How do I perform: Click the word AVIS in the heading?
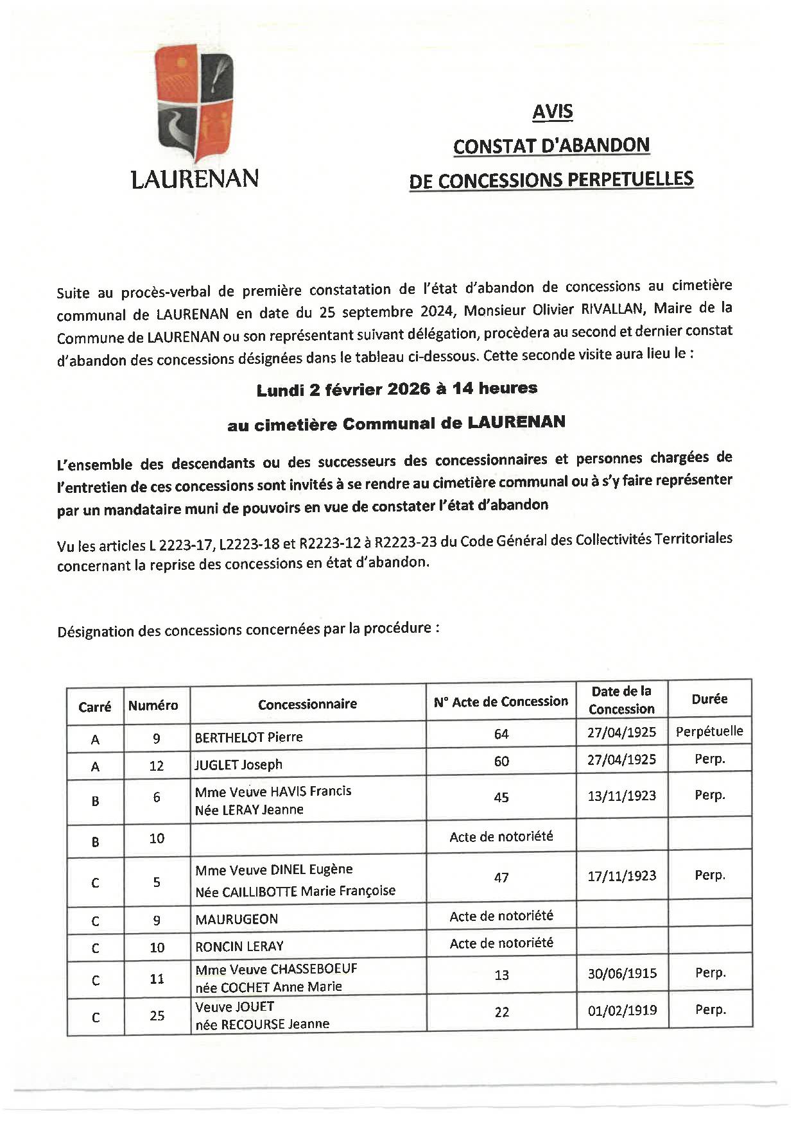tap(552, 112)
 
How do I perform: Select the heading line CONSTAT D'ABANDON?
tap(551, 146)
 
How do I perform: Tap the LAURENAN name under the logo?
tap(195, 178)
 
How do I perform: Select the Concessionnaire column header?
tap(307, 704)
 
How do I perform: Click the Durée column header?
tap(709, 699)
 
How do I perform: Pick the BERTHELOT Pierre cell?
tap(248, 737)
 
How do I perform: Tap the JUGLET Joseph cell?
tap(239, 764)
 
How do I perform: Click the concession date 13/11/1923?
tap(621, 796)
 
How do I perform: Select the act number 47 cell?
tap(501, 877)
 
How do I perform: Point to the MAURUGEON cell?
tap(236, 919)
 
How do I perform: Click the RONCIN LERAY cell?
tap(239, 946)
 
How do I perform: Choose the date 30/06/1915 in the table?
tap(622, 974)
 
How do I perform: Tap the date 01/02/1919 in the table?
tap(622, 1010)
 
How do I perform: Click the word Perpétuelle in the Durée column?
tap(709, 731)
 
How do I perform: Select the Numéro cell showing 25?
tap(157, 1016)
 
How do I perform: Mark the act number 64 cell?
tap(501, 734)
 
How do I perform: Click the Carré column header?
tap(95, 707)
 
